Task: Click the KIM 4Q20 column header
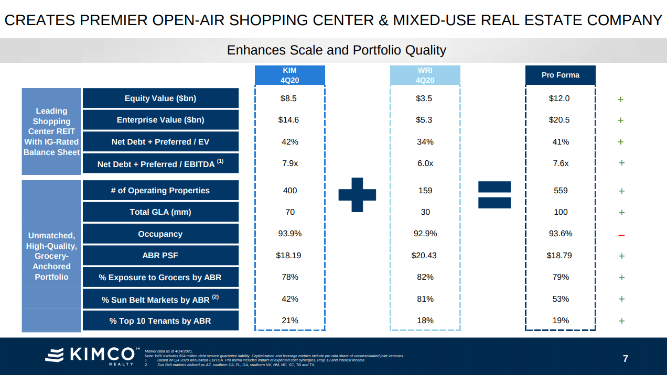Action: (289, 75)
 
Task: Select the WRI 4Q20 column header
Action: (425, 75)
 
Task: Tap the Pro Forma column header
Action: (561, 75)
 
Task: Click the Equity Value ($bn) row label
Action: (160, 98)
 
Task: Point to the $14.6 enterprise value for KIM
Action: (288, 120)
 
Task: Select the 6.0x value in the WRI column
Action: (425, 163)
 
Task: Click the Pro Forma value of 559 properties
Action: (561, 191)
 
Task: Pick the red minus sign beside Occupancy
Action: (621, 235)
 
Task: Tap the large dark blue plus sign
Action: (357, 194)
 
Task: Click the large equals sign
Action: (494, 194)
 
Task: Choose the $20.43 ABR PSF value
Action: (424, 256)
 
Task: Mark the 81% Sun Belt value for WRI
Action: (425, 299)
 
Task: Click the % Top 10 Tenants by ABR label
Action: (160, 321)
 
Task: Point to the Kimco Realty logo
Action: (92, 355)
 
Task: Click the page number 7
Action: (625, 359)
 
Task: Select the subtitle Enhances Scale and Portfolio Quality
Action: (336, 50)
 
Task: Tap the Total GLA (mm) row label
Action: (160, 212)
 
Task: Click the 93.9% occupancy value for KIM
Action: (289, 234)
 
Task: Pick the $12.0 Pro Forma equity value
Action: (560, 98)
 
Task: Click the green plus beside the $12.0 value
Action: (620, 99)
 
